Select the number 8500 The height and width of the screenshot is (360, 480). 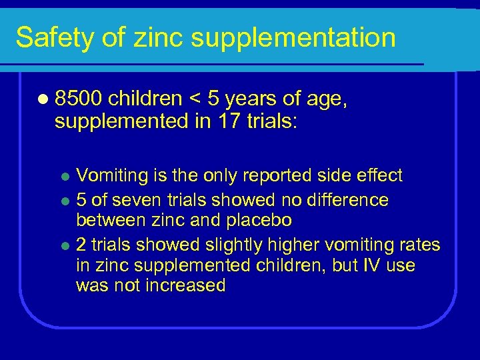pyautogui.click(x=79, y=99)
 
